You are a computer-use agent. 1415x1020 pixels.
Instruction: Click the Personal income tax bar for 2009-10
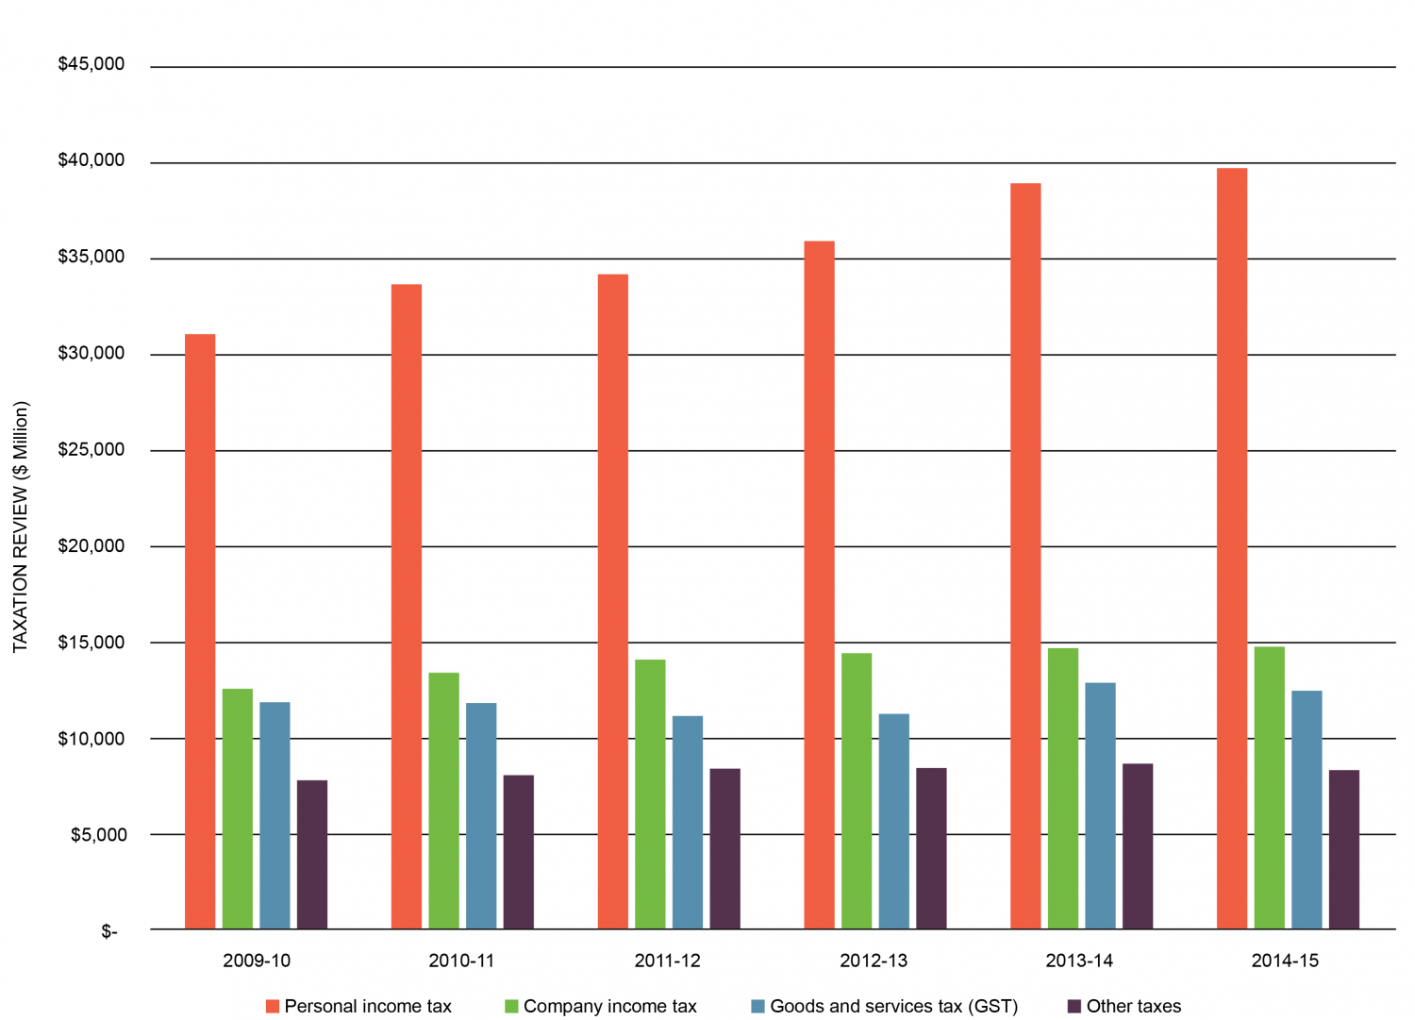[x=200, y=631]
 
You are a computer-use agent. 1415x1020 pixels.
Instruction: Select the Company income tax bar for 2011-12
[x=650, y=794]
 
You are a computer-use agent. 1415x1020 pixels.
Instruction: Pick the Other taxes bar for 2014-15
[x=1344, y=849]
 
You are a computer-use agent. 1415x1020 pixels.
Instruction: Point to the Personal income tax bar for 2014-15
[x=1232, y=548]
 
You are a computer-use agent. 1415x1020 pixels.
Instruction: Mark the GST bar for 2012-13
[x=894, y=821]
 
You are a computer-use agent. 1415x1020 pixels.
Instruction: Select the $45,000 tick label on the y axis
[x=92, y=64]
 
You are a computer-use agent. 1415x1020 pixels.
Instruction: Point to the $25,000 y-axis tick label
[x=92, y=449]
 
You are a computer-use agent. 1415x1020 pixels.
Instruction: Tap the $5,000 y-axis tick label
[x=98, y=834]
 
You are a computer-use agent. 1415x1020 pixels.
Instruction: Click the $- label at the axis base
[x=109, y=932]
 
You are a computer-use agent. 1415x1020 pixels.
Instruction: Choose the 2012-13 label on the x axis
[x=874, y=961]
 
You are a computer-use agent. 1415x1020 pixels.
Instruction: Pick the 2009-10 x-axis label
[x=257, y=961]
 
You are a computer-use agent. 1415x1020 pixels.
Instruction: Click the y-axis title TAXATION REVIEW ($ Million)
[x=21, y=527]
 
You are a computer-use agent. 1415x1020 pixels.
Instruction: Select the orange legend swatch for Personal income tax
[x=273, y=1006]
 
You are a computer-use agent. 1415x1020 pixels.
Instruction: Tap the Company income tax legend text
[x=609, y=1006]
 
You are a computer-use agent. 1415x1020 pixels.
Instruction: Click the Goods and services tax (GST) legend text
[x=893, y=1006]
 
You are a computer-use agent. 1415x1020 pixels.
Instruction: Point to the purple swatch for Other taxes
[x=1074, y=1006]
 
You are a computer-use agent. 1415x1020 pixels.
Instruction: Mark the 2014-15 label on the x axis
[x=1285, y=961]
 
